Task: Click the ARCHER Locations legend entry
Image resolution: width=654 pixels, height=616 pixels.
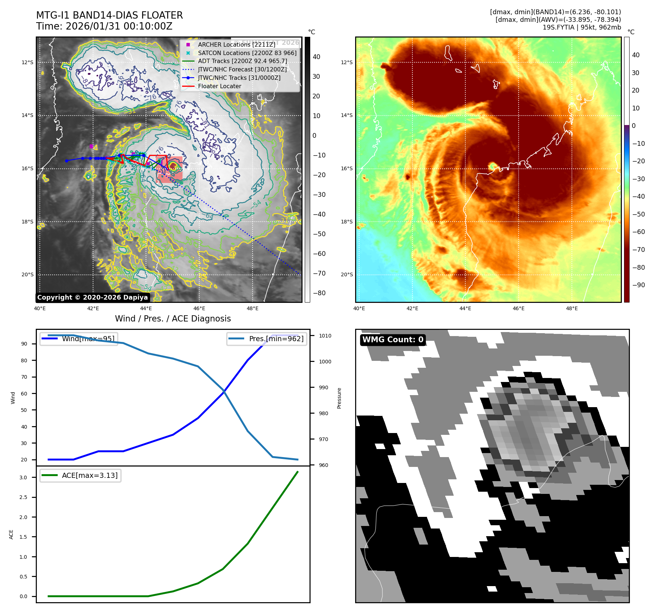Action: (236, 44)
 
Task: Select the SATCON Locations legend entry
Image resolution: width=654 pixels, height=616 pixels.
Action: (247, 53)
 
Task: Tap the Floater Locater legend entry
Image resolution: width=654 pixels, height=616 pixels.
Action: (219, 86)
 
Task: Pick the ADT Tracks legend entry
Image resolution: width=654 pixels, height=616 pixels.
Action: (242, 61)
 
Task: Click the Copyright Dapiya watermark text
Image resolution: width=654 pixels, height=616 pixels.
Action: (93, 297)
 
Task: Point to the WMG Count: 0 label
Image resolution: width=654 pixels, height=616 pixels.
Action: (393, 340)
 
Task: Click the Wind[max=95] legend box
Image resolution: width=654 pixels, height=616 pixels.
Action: (79, 339)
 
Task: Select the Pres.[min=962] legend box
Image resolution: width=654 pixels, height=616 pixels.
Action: (266, 339)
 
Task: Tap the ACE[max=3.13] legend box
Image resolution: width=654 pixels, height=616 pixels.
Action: (80, 475)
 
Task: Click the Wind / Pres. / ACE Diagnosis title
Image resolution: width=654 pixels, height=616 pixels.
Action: (173, 319)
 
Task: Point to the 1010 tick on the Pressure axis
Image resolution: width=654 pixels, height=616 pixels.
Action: (325, 336)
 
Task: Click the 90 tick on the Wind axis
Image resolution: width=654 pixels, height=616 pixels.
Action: (24, 344)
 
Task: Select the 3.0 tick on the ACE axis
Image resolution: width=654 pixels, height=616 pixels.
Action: (23, 477)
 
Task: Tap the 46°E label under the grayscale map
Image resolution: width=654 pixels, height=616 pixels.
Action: (199, 308)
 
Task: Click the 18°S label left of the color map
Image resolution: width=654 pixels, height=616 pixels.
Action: (347, 222)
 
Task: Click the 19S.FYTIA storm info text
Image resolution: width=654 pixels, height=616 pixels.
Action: (581, 27)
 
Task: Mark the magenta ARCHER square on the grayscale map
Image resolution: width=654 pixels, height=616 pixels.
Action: (91, 146)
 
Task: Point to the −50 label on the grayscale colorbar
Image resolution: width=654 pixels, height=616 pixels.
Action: (319, 234)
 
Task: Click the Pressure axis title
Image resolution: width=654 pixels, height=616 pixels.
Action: (339, 398)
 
